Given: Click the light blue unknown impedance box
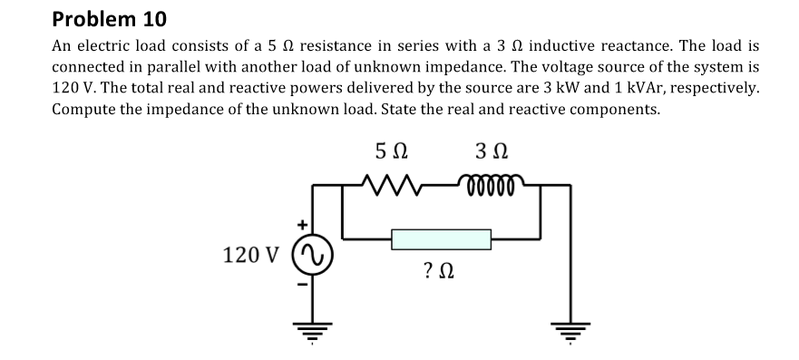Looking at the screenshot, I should [x=441, y=239].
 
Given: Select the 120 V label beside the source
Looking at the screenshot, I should [x=251, y=255].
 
